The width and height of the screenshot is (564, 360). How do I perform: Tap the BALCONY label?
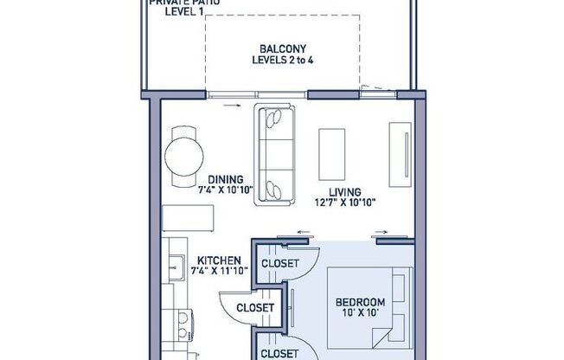click(281, 48)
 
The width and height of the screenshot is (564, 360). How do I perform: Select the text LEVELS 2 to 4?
click(281, 61)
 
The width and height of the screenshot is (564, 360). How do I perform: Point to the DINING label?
click(224, 179)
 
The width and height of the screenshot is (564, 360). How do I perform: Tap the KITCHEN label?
click(219, 260)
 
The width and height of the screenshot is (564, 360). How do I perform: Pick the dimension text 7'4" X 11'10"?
click(219, 271)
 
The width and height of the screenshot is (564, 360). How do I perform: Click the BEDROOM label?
click(360, 302)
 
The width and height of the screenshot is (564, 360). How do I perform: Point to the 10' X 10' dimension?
click(360, 314)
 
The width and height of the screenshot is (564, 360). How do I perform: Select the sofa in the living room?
click(275, 155)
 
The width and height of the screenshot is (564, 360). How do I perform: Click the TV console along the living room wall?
click(400, 153)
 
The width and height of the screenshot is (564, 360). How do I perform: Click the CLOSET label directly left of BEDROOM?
click(256, 307)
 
